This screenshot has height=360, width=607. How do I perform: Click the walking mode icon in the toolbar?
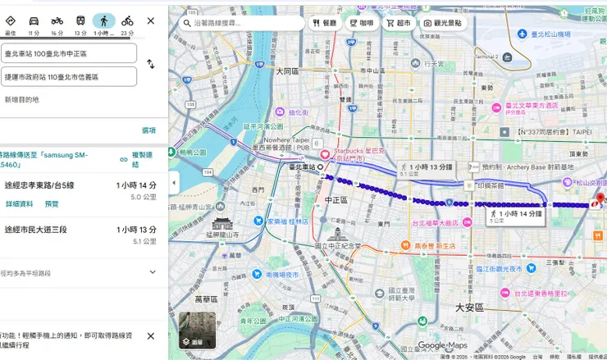(103, 21)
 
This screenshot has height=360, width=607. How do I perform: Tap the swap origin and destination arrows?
(151, 64)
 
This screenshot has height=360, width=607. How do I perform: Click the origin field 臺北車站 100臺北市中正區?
(69, 53)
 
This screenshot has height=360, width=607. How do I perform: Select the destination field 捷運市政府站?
(69, 77)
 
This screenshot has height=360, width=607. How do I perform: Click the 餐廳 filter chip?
(323, 23)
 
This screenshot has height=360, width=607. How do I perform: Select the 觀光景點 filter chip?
(443, 23)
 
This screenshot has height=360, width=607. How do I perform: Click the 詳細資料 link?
(19, 203)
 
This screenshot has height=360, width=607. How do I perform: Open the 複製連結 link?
(143, 159)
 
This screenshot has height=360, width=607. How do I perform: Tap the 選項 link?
(148, 130)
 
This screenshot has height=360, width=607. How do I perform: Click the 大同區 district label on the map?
(289, 71)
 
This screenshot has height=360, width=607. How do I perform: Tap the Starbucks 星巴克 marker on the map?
(325, 155)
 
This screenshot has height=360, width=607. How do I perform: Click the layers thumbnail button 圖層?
(197, 330)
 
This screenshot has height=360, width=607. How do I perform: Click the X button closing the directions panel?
(150, 21)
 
